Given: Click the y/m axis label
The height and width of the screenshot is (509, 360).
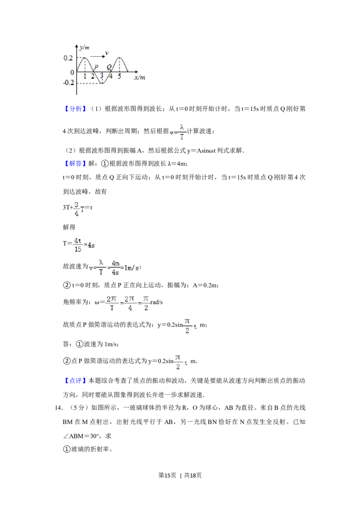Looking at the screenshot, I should click(84, 48).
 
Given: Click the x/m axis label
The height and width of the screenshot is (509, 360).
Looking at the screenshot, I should click(139, 77).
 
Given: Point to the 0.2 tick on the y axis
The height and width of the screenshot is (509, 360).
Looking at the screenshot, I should click(68, 58).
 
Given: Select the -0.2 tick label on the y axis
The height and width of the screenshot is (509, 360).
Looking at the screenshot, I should click(68, 83).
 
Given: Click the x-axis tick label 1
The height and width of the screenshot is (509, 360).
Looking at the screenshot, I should click(85, 76).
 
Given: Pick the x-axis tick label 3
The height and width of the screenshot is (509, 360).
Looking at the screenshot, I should click(102, 76).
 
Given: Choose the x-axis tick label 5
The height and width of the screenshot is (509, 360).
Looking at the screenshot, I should click(119, 76).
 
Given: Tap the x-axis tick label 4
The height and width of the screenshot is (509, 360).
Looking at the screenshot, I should click(111, 76).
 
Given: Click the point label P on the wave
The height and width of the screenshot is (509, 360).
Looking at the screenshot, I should click(96, 67).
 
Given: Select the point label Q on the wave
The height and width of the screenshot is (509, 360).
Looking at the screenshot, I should click(109, 67).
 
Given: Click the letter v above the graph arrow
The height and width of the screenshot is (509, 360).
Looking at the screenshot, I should click(107, 53).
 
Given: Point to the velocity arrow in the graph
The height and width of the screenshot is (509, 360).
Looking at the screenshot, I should click(96, 57).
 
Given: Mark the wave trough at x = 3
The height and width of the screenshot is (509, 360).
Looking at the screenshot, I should click(102, 83).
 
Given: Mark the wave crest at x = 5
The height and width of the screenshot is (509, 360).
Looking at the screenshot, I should click(119, 58).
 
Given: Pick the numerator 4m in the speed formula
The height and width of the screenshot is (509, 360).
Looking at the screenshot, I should click(115, 263).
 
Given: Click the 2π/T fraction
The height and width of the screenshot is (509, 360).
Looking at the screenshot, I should click(111, 304).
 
